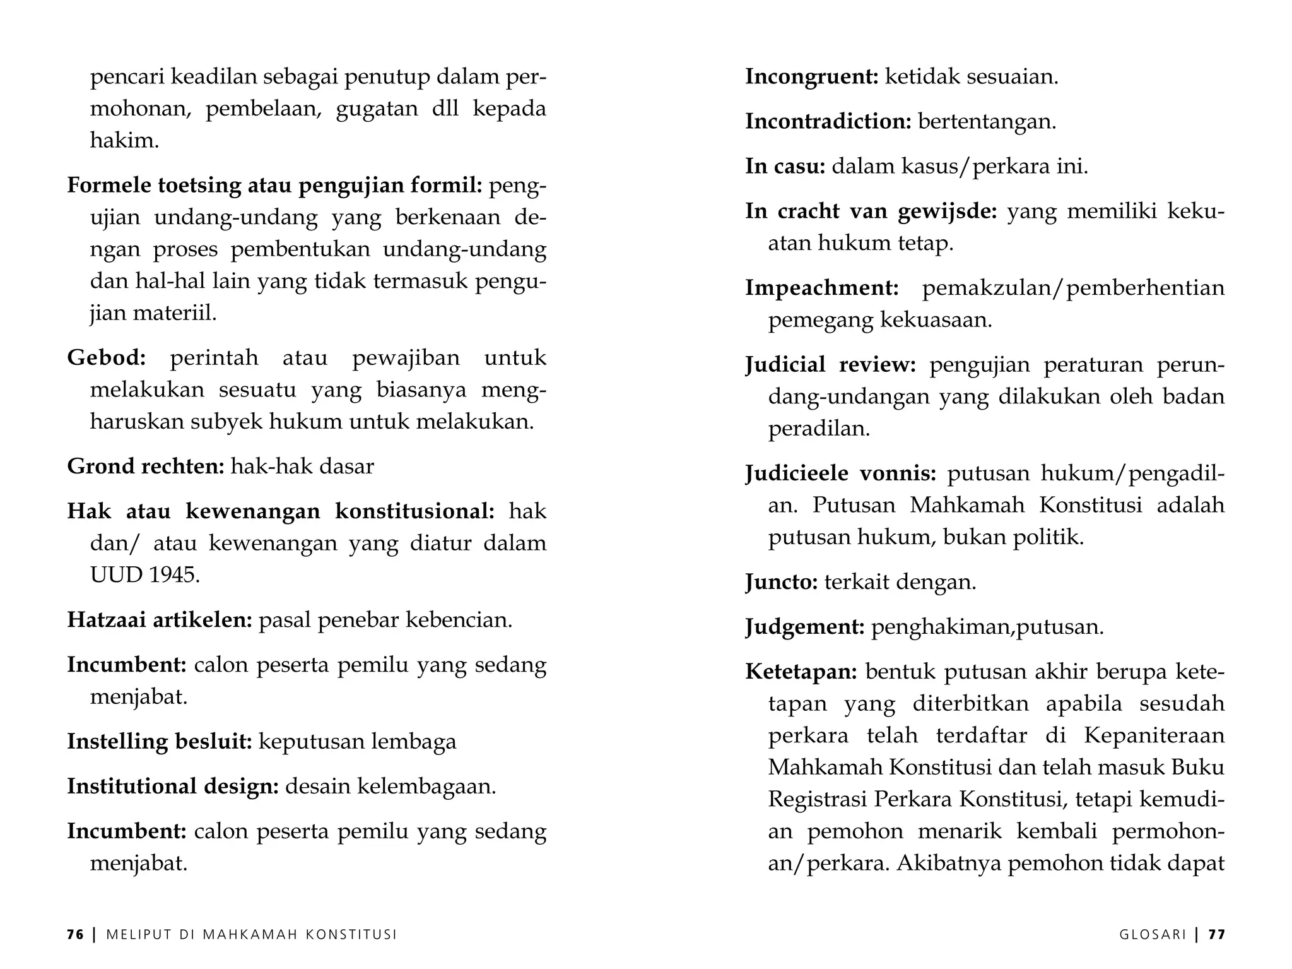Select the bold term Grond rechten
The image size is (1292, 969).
146,467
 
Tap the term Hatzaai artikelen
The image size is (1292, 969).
160,620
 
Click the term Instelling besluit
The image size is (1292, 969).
160,741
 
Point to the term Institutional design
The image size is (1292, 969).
173,787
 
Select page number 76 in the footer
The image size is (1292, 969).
75,935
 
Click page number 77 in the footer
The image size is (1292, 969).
1217,935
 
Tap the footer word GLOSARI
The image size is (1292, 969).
1153,935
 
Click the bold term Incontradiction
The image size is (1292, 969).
828,121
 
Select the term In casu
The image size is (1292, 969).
785,167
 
